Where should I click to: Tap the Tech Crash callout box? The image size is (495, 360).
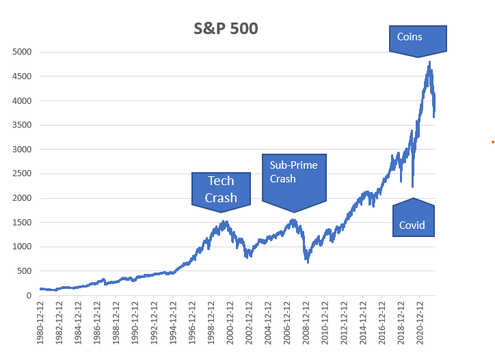(221, 189)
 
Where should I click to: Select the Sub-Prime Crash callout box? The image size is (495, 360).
(293, 177)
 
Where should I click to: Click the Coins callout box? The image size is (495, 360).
(418, 39)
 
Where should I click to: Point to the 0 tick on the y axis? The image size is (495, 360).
(29, 296)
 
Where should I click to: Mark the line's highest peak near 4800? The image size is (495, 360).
(429, 62)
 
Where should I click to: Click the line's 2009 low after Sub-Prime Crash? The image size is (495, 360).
(308, 262)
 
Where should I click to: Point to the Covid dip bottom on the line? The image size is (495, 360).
(412, 186)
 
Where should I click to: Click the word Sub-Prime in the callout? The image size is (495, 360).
(293, 165)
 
